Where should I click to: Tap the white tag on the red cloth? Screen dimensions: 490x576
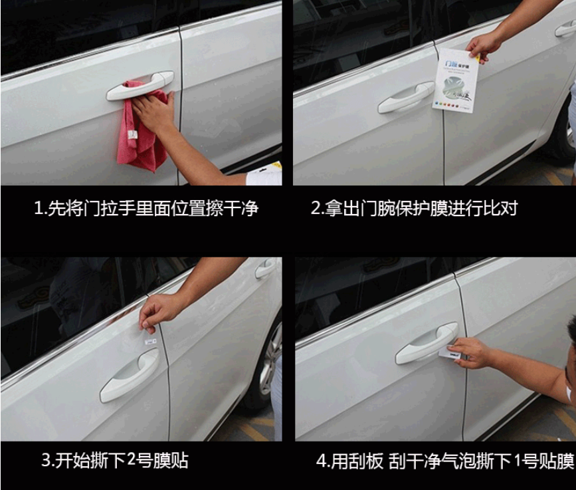[133, 138]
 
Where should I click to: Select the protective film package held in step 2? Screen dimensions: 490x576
[456, 78]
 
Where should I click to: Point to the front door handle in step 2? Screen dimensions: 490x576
[406, 98]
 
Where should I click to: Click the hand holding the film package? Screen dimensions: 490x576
[484, 45]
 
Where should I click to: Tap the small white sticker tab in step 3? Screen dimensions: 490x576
[151, 340]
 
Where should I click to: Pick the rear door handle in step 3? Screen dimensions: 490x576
[266, 269]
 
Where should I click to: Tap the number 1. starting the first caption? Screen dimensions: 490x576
[41, 208]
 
